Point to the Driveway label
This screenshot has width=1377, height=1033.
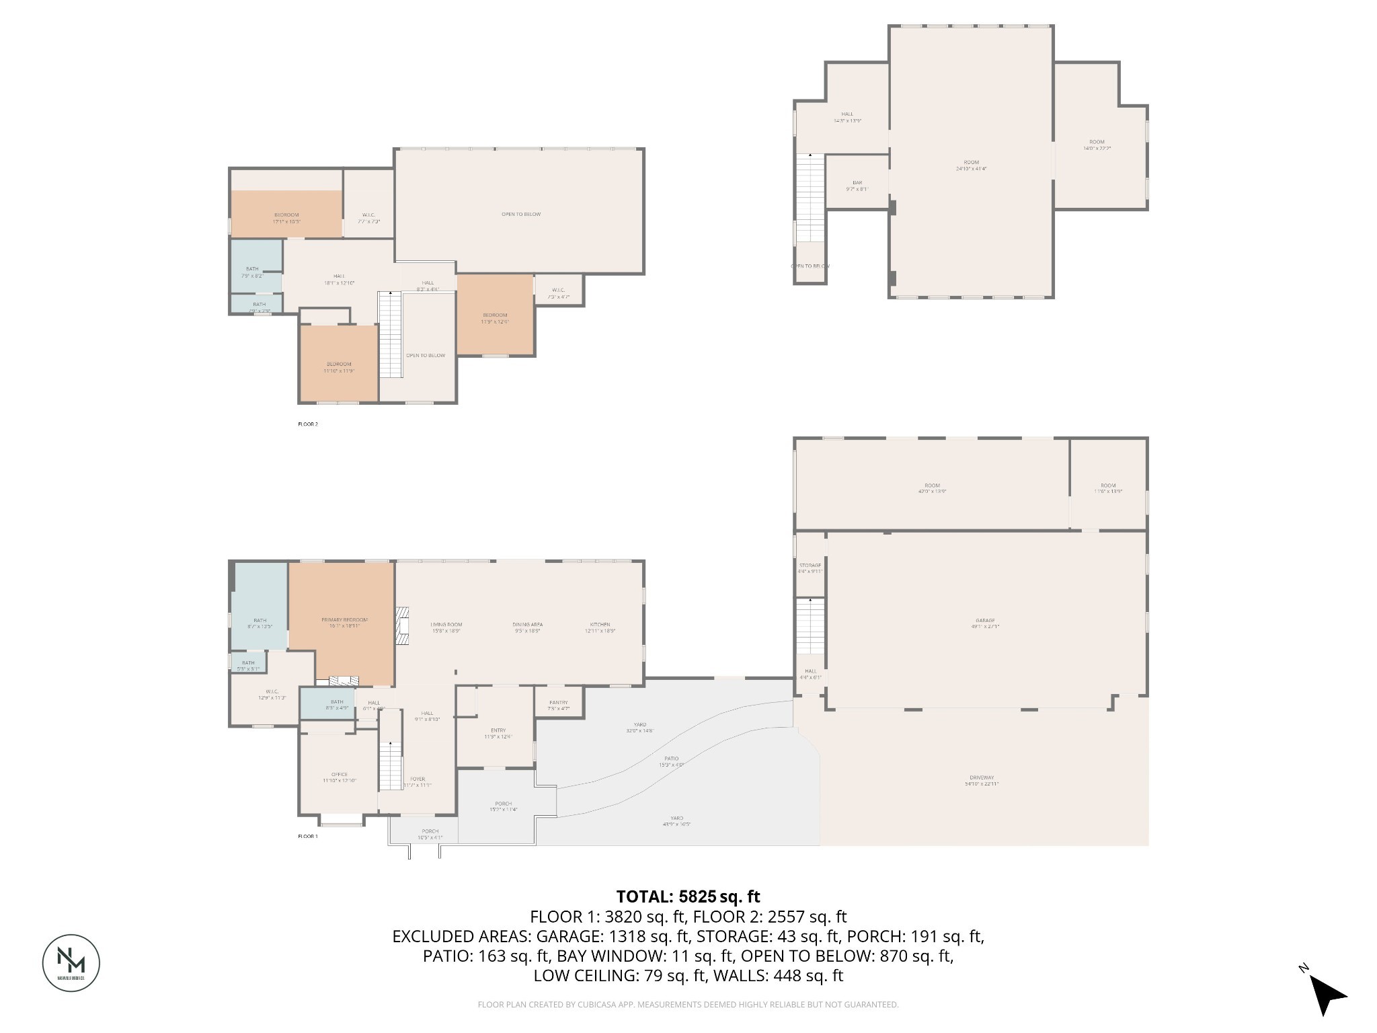click(x=982, y=779)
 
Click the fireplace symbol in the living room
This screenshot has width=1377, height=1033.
click(x=402, y=625)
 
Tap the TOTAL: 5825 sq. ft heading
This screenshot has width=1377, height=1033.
click(x=688, y=896)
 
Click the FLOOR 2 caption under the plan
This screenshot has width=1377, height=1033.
click(x=307, y=424)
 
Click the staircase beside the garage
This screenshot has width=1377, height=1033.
click(x=810, y=625)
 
